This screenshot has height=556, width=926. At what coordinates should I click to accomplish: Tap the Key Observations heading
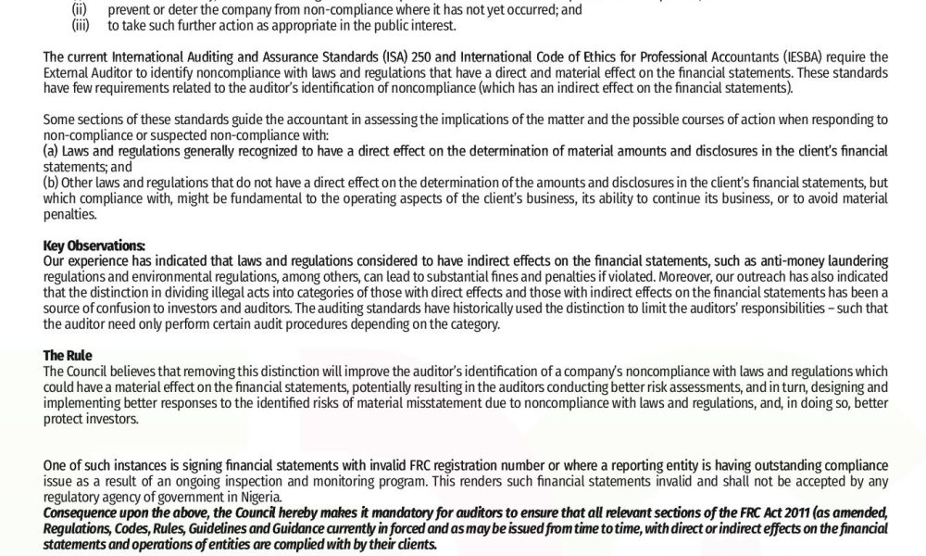(x=94, y=246)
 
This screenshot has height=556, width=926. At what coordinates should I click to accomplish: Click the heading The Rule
(x=68, y=355)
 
